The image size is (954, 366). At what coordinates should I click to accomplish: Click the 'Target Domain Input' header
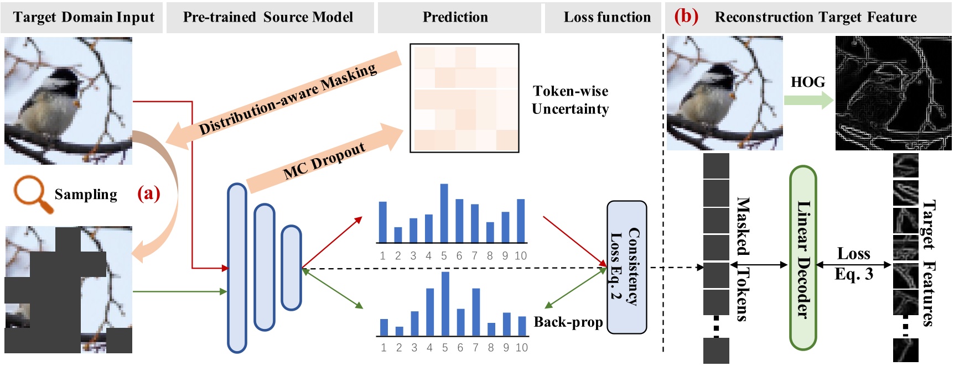(x=84, y=17)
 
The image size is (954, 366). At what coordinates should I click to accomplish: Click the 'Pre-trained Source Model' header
(x=268, y=17)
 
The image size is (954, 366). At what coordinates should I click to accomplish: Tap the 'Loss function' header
(x=607, y=17)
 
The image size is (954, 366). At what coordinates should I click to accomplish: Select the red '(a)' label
(x=148, y=194)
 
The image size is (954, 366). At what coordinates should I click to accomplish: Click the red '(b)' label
(x=686, y=16)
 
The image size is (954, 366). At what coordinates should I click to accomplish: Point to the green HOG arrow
(x=808, y=100)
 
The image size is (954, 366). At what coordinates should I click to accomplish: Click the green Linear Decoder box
(x=803, y=258)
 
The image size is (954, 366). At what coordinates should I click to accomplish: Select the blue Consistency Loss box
(x=626, y=267)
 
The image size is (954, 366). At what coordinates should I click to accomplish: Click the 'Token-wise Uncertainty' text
(x=570, y=100)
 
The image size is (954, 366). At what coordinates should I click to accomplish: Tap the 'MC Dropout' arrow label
(x=324, y=161)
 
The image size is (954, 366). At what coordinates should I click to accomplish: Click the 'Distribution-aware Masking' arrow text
(x=288, y=100)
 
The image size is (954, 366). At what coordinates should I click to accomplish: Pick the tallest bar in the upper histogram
(x=444, y=213)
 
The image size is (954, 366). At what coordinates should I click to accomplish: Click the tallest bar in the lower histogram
(x=445, y=304)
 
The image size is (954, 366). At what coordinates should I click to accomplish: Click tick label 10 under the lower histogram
(x=521, y=348)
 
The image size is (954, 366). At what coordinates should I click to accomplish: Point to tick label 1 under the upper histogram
(x=382, y=256)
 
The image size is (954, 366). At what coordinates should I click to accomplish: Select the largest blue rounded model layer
(x=237, y=268)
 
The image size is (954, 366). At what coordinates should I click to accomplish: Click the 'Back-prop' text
(x=568, y=322)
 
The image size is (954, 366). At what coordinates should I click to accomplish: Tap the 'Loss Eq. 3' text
(x=853, y=264)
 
